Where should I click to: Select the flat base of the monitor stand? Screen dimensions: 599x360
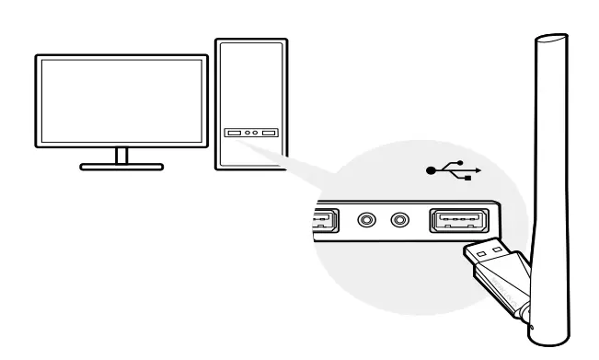121,167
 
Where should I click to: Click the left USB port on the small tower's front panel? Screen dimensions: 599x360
232,133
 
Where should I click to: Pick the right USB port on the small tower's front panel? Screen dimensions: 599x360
269,133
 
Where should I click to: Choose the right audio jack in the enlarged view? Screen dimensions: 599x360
399,221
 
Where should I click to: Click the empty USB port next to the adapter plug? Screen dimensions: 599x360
457,222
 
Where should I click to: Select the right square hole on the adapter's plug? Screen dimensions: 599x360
498,247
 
